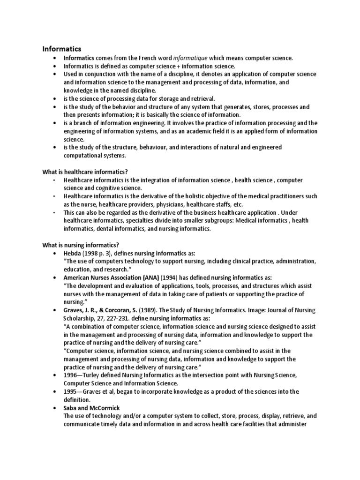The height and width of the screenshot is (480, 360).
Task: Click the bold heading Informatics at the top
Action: pos(62,48)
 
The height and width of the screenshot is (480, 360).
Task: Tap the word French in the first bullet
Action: pos(141,58)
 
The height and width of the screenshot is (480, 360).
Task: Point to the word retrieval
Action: pos(200,98)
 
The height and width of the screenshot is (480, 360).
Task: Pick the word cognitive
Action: pos(106,188)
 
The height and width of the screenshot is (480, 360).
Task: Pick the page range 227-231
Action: pos(127,319)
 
